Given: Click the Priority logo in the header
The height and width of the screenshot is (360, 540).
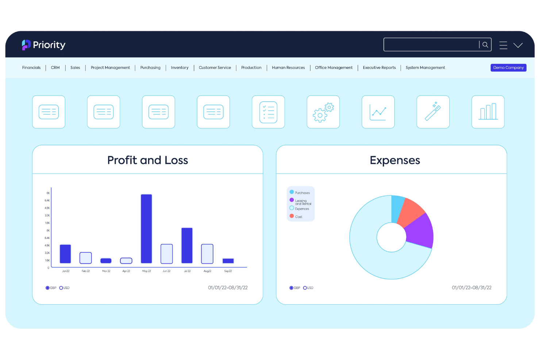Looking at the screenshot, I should (43, 45).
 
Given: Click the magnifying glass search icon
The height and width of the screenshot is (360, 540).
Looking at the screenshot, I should (485, 45).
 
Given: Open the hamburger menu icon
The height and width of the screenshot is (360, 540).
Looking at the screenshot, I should (503, 45).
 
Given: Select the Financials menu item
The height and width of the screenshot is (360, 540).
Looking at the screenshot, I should (31, 67).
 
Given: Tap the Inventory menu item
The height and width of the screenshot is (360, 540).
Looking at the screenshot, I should (180, 67).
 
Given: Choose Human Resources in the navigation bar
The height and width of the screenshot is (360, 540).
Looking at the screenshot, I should (288, 67).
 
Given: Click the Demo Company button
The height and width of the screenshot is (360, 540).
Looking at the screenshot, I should (508, 67).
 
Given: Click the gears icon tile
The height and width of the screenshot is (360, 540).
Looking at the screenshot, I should (323, 112).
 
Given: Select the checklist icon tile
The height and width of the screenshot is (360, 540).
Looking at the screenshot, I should (268, 112).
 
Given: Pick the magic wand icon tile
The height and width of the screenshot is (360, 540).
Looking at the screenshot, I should (433, 112).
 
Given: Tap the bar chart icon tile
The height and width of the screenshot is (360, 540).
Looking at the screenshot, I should (488, 112).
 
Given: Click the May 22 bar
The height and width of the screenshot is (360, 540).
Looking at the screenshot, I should (146, 229).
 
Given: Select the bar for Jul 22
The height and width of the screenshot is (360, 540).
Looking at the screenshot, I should (187, 245).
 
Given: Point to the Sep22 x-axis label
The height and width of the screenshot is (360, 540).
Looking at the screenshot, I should (228, 271).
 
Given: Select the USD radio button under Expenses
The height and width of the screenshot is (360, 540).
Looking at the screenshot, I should (305, 288).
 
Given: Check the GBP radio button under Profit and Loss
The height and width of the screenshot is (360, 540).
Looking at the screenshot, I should (47, 288).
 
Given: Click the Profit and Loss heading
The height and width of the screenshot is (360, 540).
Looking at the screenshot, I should (147, 160).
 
